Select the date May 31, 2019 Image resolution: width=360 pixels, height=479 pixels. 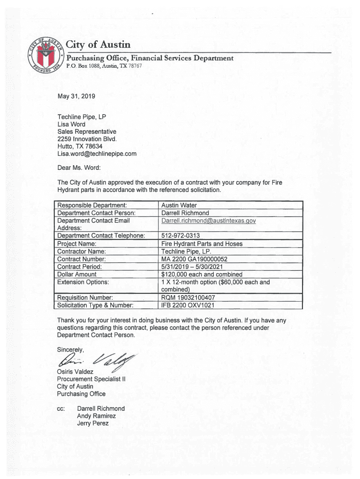(x=76, y=96)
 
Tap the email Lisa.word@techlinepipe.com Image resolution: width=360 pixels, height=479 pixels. (x=97, y=153)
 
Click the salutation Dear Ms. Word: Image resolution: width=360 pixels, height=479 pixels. (x=79, y=167)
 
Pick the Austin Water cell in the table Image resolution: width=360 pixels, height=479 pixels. (x=179, y=205)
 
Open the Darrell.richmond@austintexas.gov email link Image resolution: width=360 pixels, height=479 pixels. (x=209, y=220)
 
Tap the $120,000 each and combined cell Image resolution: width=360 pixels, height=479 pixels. (x=202, y=274)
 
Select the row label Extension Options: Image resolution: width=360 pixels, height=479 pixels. (x=83, y=282)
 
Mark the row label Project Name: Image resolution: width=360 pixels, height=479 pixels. (x=77, y=244)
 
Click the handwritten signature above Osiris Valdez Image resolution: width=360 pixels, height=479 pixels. (x=96, y=359)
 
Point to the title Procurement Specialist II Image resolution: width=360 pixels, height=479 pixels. (x=90, y=379)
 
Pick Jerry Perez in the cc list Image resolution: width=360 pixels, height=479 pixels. (x=93, y=423)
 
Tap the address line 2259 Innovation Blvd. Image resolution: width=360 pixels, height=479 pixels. (x=86, y=139)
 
